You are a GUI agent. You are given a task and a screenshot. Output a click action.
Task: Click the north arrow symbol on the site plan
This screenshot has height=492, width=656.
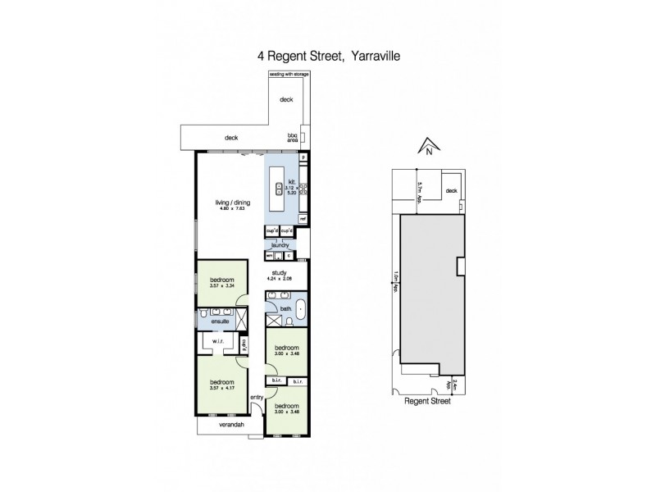[x=427, y=148]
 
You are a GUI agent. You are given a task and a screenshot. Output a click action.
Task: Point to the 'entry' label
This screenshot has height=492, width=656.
[x=256, y=398]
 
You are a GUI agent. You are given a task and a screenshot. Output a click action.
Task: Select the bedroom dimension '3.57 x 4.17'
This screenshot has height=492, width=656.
[x=221, y=388]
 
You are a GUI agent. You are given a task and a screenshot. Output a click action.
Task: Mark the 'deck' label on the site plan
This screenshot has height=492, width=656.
[x=450, y=191]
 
